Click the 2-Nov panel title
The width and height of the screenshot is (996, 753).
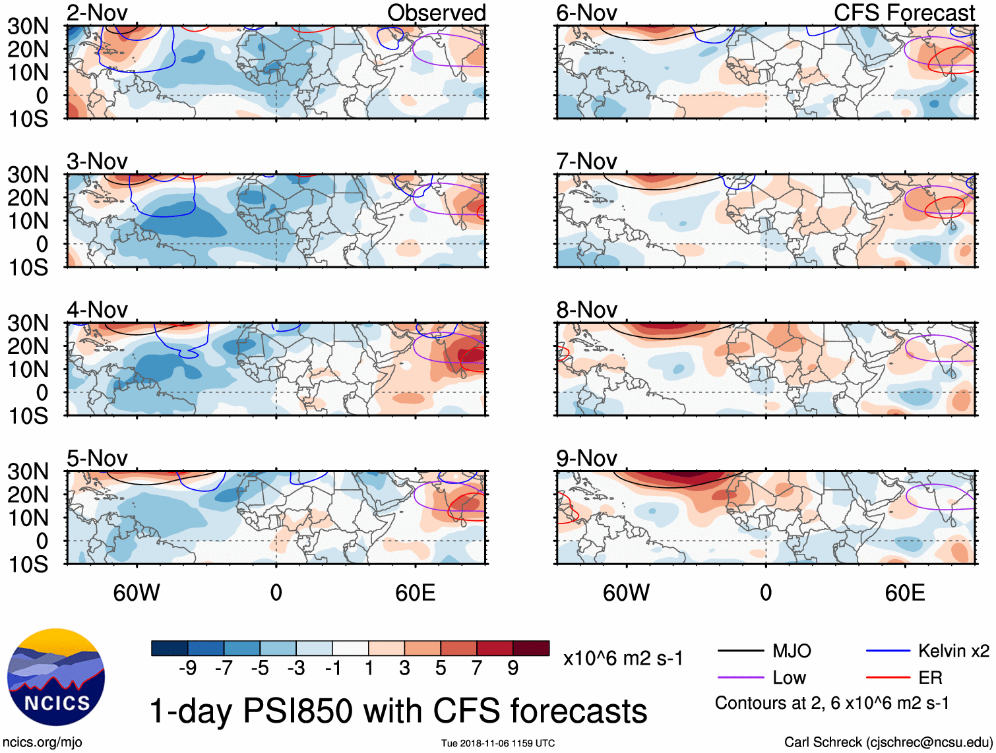click(97, 13)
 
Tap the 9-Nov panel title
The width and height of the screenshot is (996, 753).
click(586, 458)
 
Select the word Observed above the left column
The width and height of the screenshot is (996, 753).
click(436, 13)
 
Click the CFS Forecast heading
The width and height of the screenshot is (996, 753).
click(904, 13)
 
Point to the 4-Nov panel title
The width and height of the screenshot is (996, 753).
click(97, 309)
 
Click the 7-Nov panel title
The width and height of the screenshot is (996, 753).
click(586, 161)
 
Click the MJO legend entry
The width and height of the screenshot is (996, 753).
click(791, 651)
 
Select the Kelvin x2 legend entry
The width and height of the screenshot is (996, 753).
click(953, 651)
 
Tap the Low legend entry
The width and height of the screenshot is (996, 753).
click(789, 677)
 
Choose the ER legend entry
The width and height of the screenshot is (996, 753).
click(930, 677)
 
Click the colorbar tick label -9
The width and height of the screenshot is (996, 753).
click(187, 668)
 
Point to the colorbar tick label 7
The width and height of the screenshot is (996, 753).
click(477, 668)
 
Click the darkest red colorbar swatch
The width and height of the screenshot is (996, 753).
click(531, 648)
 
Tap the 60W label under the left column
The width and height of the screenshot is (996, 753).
click(137, 593)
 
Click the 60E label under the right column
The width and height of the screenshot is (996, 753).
click(904, 593)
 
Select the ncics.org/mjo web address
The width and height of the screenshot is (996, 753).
click(42, 742)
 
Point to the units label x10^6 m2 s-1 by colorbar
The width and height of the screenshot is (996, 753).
click(623, 658)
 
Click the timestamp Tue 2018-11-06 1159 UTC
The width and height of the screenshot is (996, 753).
click(498, 743)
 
